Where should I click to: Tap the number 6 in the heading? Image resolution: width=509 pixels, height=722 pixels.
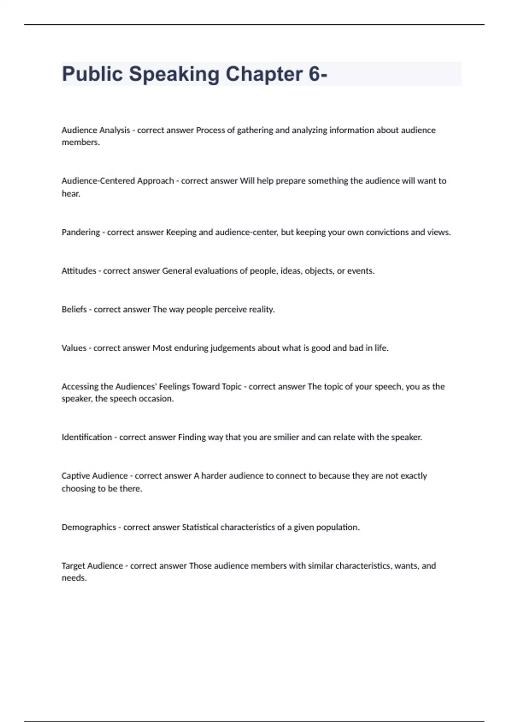coord(314,74)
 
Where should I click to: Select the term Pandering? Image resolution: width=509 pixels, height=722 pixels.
coord(81,232)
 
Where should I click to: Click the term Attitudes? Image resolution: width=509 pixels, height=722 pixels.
coord(79,271)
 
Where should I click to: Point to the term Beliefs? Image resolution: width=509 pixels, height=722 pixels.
coord(74,310)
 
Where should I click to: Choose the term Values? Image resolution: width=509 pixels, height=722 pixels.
coord(74,348)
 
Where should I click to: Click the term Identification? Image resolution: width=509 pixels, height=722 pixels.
coord(87,437)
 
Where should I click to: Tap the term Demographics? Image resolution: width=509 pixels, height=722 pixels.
coord(89,527)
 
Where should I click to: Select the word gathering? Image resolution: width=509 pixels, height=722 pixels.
coord(255,130)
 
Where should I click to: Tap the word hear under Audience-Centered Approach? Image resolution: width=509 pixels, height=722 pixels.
coord(71,194)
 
